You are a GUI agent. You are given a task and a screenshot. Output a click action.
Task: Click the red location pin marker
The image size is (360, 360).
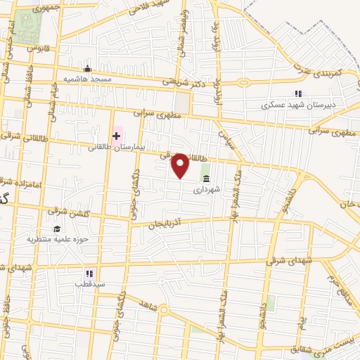(x=181, y=165)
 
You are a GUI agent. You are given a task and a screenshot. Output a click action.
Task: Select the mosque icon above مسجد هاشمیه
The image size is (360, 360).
(x=87, y=69)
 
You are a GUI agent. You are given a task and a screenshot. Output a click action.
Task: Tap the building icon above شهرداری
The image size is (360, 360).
(x=205, y=179)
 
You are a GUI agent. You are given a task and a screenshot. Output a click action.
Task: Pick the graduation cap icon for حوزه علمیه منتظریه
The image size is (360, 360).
(x=56, y=229)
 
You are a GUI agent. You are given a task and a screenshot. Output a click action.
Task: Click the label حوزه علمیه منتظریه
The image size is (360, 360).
(x=56, y=240)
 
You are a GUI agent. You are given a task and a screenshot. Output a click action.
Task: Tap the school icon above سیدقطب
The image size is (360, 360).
(x=89, y=273)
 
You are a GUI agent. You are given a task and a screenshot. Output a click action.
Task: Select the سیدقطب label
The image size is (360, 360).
(x=89, y=284)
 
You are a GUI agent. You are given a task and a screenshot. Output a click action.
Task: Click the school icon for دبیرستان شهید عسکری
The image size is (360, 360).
(x=298, y=94)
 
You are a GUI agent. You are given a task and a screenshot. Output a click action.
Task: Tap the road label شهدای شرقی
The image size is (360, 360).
(x=286, y=261)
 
